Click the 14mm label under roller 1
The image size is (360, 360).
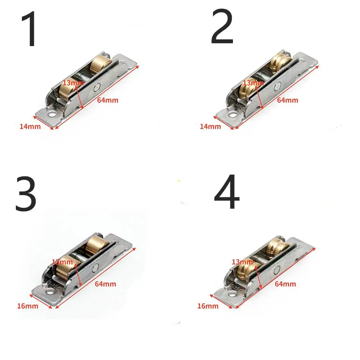pyautogui.click(x=30, y=126)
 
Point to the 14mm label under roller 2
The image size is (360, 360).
pyautogui.click(x=210, y=126)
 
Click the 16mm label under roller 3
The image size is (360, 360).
pyautogui.click(x=27, y=306)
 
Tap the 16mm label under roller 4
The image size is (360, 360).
pyautogui.click(x=208, y=306)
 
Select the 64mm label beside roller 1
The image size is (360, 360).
pyautogui.click(x=107, y=100)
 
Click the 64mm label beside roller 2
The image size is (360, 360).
pyautogui.click(x=287, y=100)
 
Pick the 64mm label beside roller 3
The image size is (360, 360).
pyautogui.click(x=105, y=284)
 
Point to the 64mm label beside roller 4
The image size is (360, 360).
pyautogui.click(x=285, y=284)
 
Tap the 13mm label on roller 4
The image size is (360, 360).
pyautogui.click(x=242, y=261)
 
